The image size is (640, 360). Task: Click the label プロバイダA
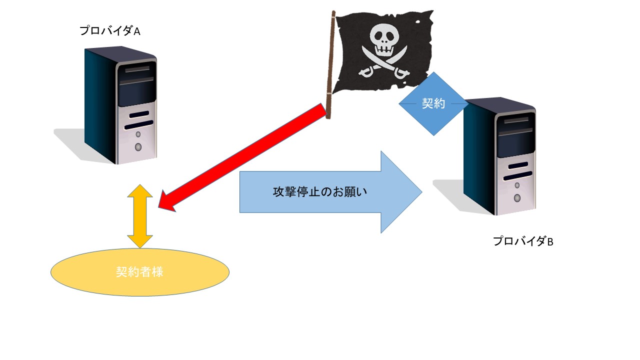pyautogui.click(x=110, y=31)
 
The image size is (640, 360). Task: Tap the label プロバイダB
pyautogui.click(x=523, y=241)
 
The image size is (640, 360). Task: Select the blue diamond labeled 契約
pyautogui.click(x=433, y=104)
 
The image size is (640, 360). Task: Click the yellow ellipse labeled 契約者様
pyautogui.click(x=140, y=272)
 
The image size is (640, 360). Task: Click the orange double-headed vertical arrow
pyautogui.click(x=140, y=216)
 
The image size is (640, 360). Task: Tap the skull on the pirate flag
pyautogui.click(x=384, y=40)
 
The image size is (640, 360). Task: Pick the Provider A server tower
pyautogui.click(x=120, y=105)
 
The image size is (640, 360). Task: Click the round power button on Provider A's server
pyautogui.click(x=138, y=147)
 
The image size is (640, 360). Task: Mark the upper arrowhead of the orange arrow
pyautogui.click(x=140, y=191)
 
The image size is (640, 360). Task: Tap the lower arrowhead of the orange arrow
pyautogui.click(x=140, y=240)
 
